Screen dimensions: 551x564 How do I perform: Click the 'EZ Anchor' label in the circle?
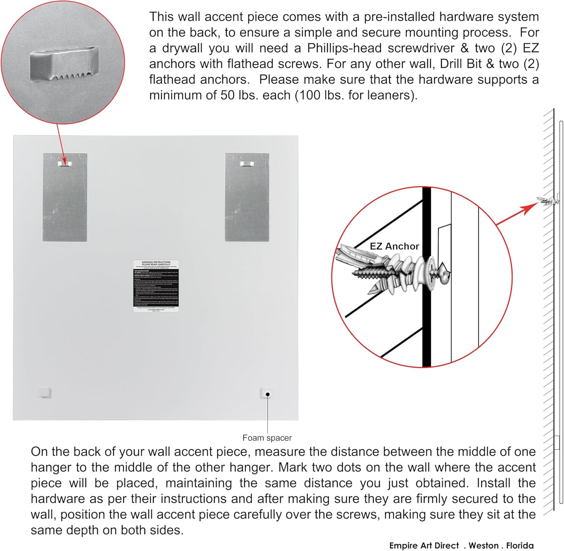[x=394, y=246]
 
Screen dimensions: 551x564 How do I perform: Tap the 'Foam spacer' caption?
[x=267, y=438]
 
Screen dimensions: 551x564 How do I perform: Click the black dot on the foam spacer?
[x=267, y=394]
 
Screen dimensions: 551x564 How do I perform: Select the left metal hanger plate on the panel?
[x=65, y=197]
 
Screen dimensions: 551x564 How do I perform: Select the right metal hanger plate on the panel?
[x=247, y=197]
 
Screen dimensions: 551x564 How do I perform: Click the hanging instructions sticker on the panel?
[x=156, y=286]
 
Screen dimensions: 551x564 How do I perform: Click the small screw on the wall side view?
[x=548, y=201]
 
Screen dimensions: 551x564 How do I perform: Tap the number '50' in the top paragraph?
[x=228, y=95]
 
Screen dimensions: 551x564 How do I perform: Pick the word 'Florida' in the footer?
[x=520, y=546]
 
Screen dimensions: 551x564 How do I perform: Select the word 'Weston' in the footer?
[x=484, y=546]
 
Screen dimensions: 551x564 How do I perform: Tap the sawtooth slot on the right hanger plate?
[x=247, y=164]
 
